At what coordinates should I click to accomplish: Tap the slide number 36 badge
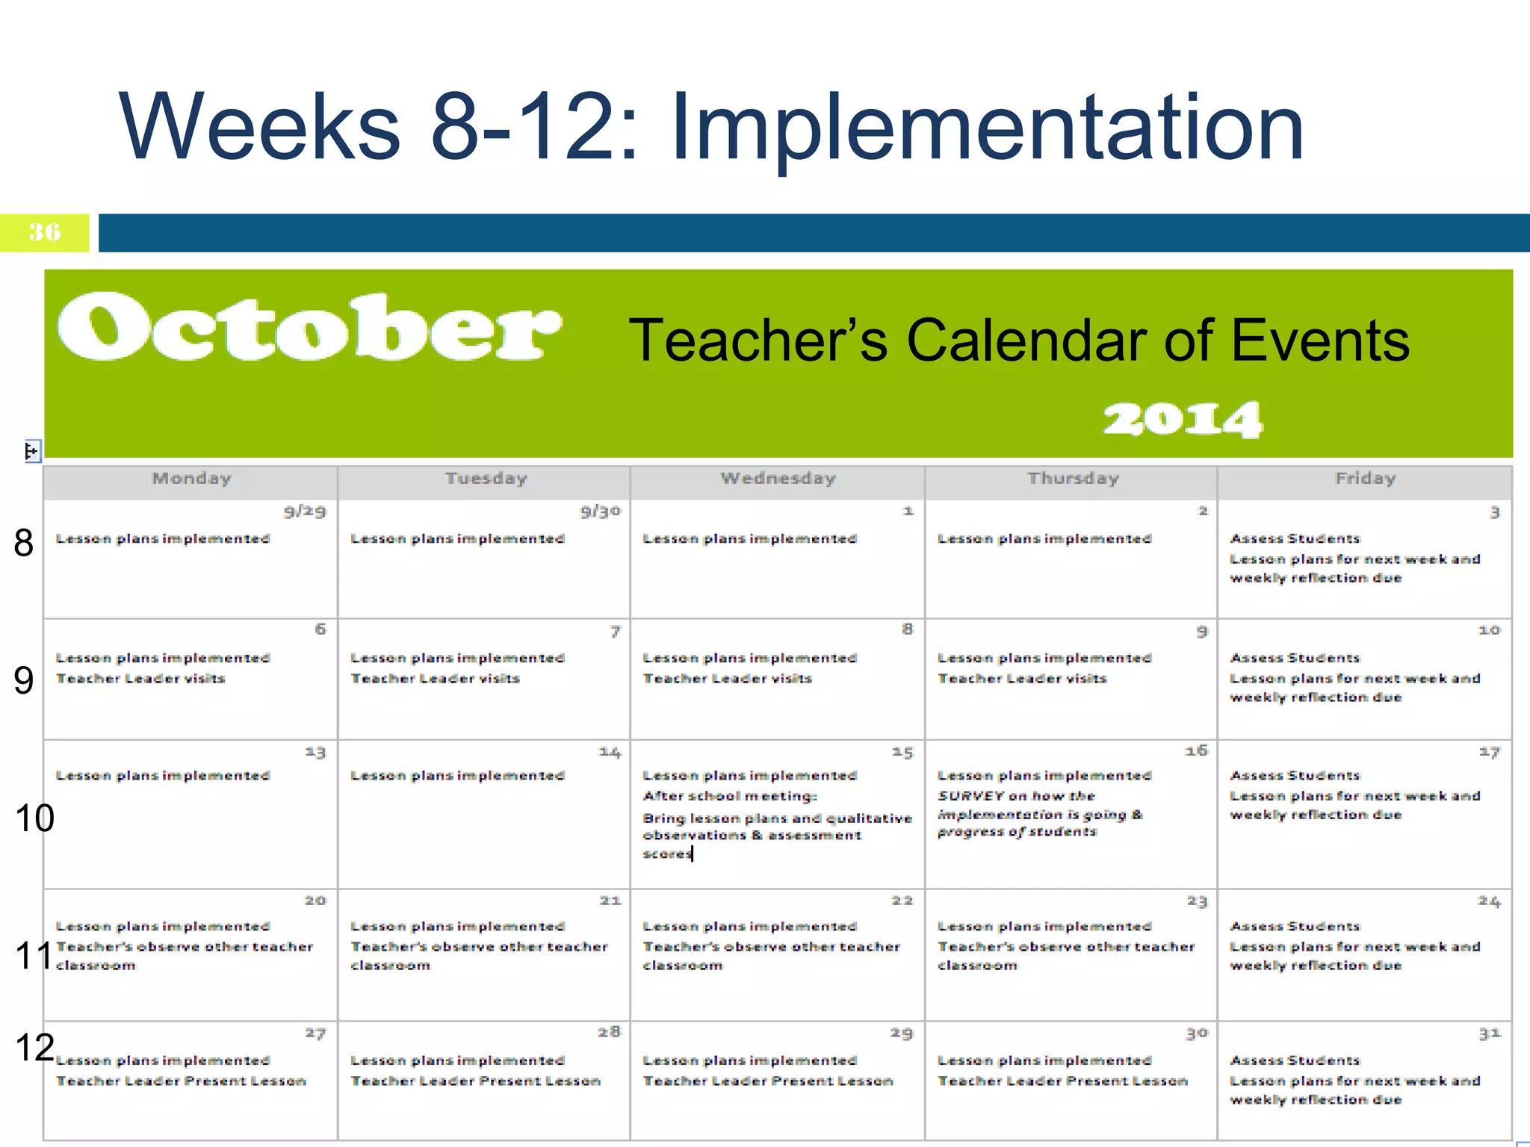pos(45,232)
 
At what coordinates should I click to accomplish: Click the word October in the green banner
pos(309,329)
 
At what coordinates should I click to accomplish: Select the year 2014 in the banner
pos(1183,419)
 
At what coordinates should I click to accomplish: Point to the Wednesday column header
pos(778,479)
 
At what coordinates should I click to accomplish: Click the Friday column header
pos(1365,479)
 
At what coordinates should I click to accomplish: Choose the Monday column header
pos(191,479)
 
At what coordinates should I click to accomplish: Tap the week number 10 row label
pos(34,818)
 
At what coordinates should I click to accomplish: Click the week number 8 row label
pos(24,543)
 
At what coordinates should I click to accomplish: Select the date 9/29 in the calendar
pos(305,512)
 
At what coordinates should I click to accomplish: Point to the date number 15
pos(902,753)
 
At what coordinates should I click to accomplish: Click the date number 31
pos(1489,1034)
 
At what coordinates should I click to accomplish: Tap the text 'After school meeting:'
pos(730,797)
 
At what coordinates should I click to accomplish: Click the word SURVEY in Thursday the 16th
pos(970,797)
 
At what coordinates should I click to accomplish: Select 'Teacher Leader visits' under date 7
pos(435,679)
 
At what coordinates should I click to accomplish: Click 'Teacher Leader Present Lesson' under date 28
pos(475,1081)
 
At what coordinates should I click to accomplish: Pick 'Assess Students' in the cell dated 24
pos(1295,927)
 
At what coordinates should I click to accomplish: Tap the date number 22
pos(902,901)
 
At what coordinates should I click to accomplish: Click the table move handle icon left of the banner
pos(31,451)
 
